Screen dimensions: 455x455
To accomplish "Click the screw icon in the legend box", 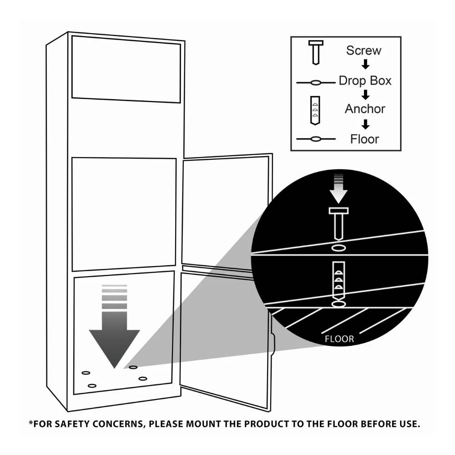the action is [x=316, y=52].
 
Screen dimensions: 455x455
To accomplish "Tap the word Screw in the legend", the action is [x=364, y=51].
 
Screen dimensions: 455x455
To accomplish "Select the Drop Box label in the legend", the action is [x=365, y=81].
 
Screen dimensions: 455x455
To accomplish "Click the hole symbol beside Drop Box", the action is [x=316, y=83].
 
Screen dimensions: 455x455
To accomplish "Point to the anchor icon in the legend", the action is [x=315, y=111].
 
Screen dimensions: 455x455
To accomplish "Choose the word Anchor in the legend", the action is [x=365, y=109].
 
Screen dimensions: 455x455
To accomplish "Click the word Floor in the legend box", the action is [x=365, y=139].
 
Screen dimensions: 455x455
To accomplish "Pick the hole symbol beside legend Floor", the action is [x=316, y=139].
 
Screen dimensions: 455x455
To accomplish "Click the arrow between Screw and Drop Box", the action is [x=366, y=64].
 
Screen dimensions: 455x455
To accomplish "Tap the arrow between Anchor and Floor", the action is [x=366, y=124].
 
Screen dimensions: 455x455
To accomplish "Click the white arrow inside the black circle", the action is [x=339, y=189].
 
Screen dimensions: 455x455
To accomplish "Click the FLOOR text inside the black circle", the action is [x=339, y=339].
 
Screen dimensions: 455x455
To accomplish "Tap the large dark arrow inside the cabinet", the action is [x=114, y=326].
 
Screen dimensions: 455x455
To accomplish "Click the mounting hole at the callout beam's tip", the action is [x=133, y=367].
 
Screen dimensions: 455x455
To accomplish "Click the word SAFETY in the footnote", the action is [x=72, y=424].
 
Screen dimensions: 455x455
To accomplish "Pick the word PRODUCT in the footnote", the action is [x=266, y=424].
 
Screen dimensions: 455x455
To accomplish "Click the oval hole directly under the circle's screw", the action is [x=339, y=248].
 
